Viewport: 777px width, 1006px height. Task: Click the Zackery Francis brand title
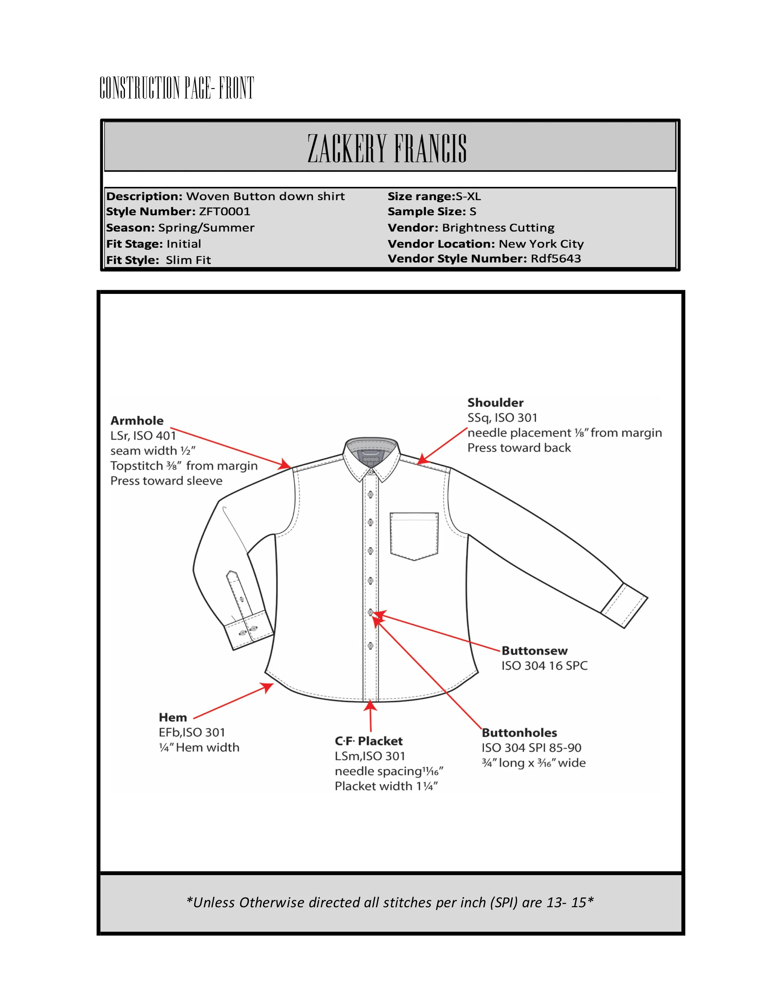pyautogui.click(x=387, y=148)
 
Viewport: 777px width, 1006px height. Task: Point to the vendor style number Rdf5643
pyautogui.click(x=556, y=258)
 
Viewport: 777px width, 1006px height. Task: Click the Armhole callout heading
pyautogui.click(x=137, y=420)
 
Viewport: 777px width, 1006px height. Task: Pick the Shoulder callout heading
pyautogui.click(x=495, y=403)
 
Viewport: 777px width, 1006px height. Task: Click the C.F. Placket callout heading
pyautogui.click(x=368, y=741)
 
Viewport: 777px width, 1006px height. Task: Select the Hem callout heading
pyautogui.click(x=172, y=717)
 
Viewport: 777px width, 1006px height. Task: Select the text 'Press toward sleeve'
pyautogui.click(x=166, y=481)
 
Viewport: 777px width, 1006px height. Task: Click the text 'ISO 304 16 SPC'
pyautogui.click(x=545, y=665)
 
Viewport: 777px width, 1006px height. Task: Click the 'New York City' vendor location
pyautogui.click(x=541, y=244)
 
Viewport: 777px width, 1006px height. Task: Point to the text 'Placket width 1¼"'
pyautogui.click(x=386, y=786)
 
